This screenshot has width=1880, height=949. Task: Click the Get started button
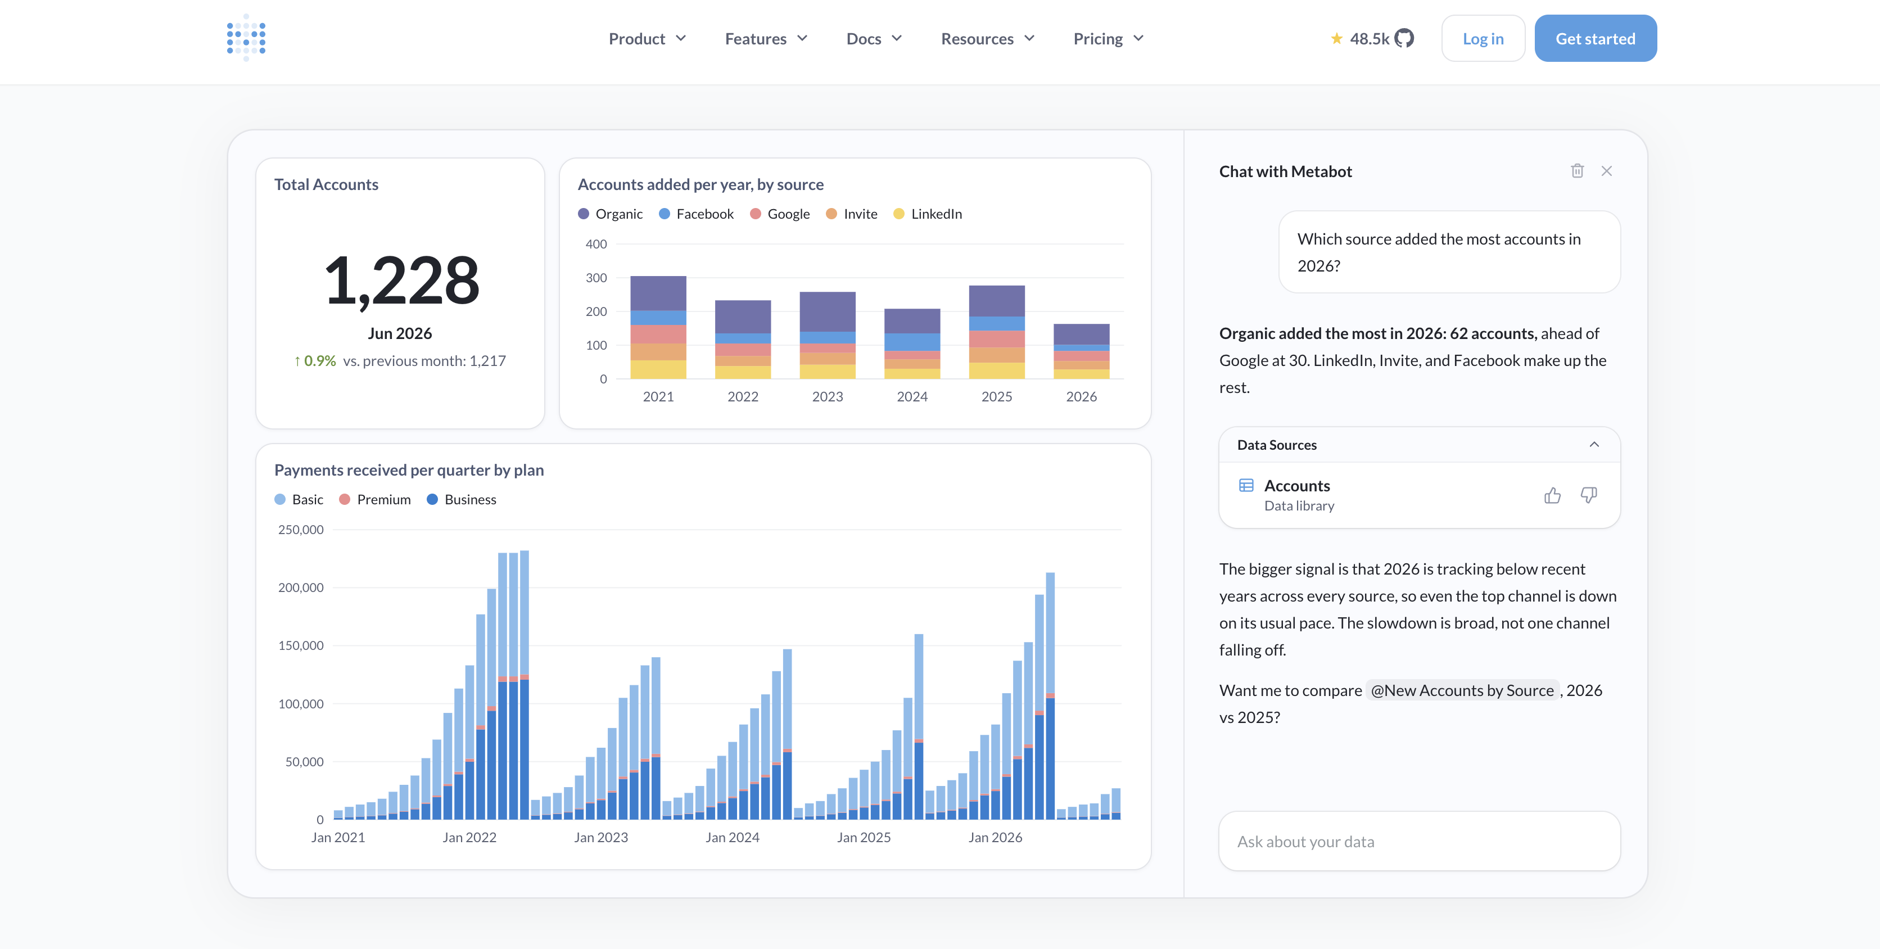[1596, 39]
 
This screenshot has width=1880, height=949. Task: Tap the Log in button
[1483, 39]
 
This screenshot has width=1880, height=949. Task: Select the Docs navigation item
[874, 39]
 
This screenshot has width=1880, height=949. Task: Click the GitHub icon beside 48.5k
[1404, 38]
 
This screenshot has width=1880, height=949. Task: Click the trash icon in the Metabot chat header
[1577, 171]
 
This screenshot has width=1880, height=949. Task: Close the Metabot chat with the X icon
[1606, 171]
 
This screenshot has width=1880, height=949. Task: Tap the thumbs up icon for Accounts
[1552, 496]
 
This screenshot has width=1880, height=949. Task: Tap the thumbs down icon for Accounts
[1589, 496]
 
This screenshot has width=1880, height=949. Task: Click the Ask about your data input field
[1420, 841]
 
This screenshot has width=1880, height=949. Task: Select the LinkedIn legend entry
[928, 214]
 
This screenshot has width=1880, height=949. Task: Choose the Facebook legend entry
[696, 214]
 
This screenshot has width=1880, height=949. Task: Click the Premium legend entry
[375, 499]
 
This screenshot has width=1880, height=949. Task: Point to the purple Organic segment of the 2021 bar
[658, 293]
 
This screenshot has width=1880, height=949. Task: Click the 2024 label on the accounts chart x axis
[912, 396]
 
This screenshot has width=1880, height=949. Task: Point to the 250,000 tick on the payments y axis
[301, 529]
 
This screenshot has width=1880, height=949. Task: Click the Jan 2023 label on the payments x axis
[600, 837]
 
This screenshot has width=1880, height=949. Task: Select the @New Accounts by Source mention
[1462, 690]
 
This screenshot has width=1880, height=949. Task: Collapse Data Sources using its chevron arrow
[1594, 445]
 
